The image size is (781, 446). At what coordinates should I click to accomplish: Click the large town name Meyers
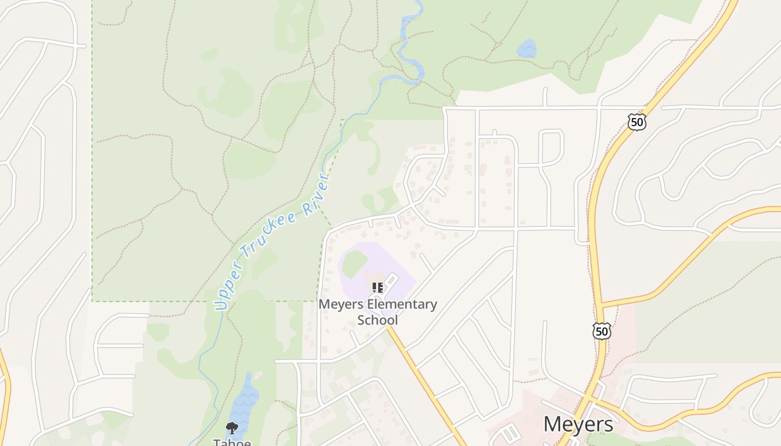pos(578,424)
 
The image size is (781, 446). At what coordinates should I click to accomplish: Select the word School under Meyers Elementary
pos(378,320)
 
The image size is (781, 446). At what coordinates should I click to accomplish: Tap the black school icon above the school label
pos(378,288)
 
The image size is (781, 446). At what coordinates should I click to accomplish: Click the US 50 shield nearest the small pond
pos(637,122)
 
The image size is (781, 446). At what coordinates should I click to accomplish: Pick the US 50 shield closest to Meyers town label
pos(601,331)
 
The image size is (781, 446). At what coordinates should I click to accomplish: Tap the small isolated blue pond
pos(527,49)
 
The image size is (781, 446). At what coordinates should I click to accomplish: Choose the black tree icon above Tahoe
pos(232,428)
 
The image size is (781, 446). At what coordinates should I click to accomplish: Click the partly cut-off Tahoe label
pos(232,442)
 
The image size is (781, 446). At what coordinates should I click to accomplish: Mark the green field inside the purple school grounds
pos(354,263)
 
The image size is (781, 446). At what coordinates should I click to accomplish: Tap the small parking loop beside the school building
pos(392,279)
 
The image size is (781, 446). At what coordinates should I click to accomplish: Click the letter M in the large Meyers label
pos(553,424)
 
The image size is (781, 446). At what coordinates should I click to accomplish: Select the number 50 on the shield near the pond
pos(637,122)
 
